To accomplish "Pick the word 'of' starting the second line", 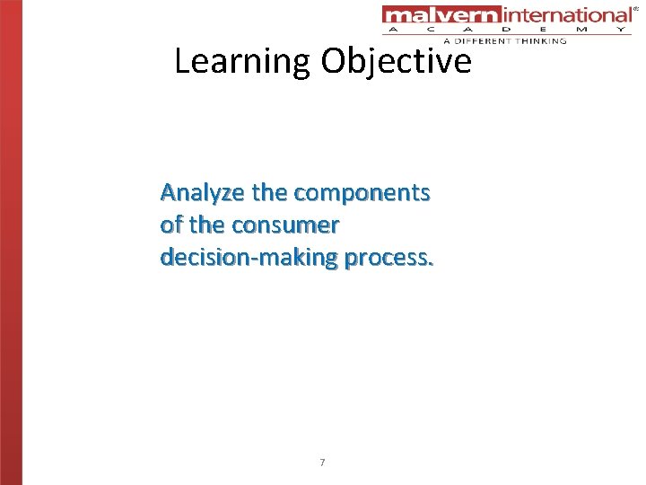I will [x=171, y=225].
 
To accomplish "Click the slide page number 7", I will [x=322, y=463].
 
